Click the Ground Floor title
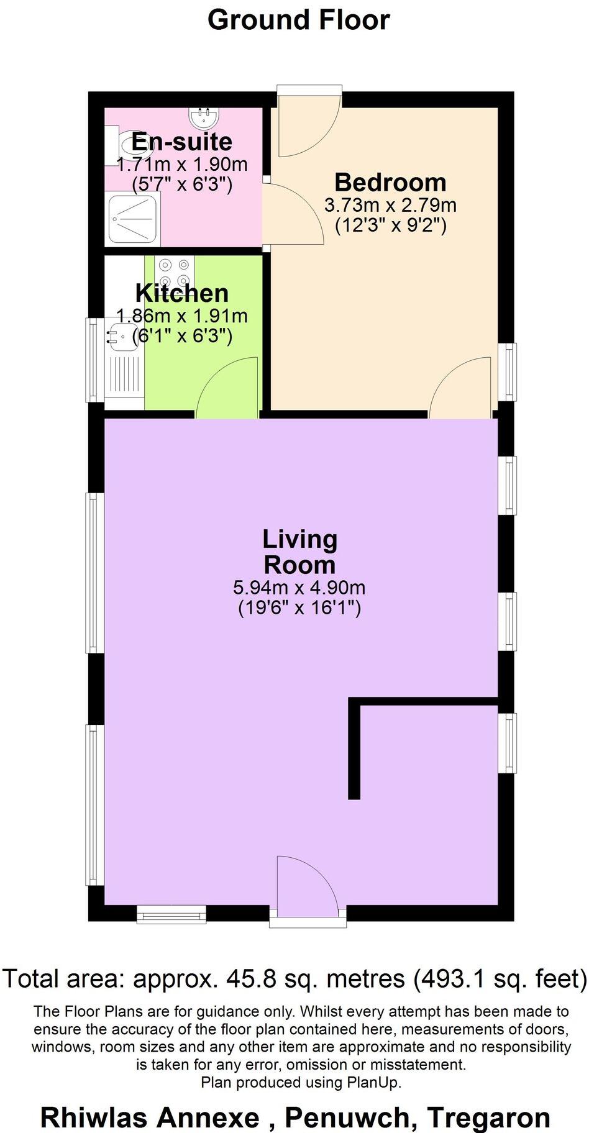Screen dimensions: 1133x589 point(298,20)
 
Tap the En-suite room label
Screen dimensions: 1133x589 point(182,142)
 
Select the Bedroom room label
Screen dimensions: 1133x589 point(390,182)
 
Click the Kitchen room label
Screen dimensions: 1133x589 point(182,293)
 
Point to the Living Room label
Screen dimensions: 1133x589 point(299,552)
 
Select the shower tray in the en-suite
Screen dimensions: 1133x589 point(134,219)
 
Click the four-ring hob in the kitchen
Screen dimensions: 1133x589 point(175,271)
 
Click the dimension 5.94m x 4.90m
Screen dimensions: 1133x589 point(299,587)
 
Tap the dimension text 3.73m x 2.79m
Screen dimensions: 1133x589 point(390,204)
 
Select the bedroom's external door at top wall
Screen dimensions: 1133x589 point(309,124)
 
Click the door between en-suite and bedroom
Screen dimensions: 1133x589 point(292,214)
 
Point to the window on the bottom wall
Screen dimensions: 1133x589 point(171,914)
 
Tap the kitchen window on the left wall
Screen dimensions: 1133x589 point(95,360)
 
